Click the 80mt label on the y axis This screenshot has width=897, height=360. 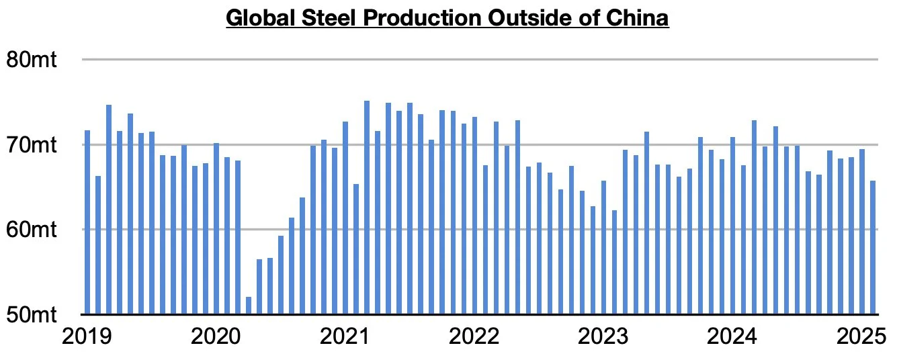coord(31,60)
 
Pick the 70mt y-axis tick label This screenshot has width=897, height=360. coord(31,144)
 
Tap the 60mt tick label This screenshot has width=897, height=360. coord(31,230)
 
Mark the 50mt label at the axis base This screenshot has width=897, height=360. coord(31,314)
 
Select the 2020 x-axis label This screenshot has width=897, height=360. coord(216,336)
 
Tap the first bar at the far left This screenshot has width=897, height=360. coord(87,222)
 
